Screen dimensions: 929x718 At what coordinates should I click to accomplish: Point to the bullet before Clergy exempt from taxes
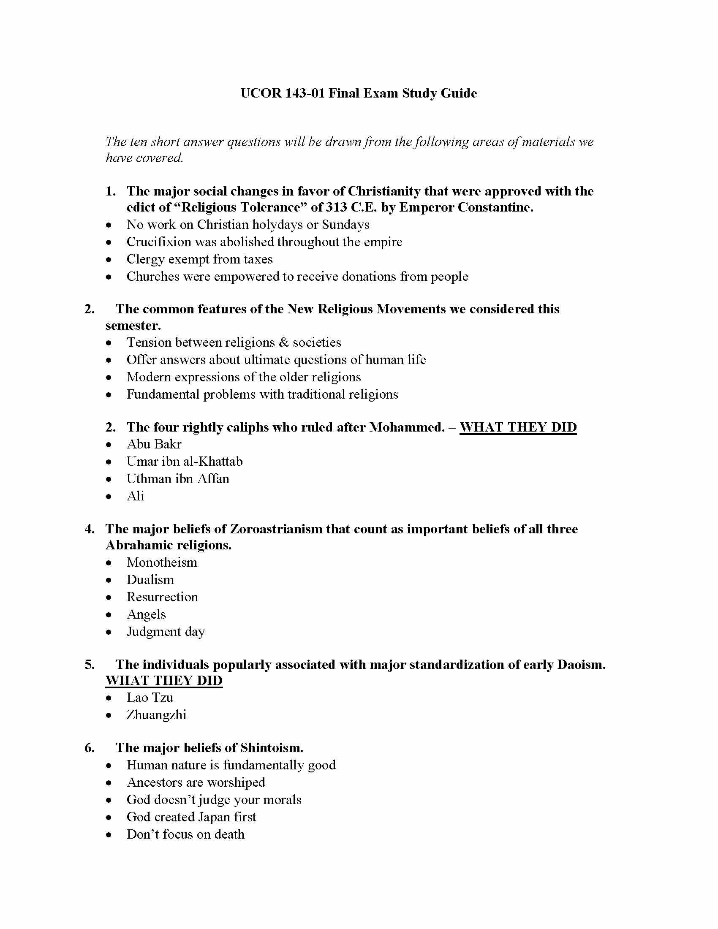click(109, 259)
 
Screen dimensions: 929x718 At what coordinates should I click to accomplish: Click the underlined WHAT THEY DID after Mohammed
click(518, 427)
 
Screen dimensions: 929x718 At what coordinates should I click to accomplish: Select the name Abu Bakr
click(154, 444)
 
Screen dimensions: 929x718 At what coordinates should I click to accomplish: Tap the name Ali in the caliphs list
click(136, 496)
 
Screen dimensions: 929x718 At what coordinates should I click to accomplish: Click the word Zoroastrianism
click(277, 529)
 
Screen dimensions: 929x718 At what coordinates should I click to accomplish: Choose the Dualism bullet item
click(150, 580)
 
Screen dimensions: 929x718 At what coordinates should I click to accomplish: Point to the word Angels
click(146, 614)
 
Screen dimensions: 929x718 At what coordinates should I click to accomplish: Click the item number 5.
click(89, 664)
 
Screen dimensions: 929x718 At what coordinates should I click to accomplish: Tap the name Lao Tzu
click(150, 698)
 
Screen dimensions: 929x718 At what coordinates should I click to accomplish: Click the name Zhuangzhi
click(157, 715)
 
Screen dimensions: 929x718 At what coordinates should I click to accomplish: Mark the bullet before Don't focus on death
click(109, 834)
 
